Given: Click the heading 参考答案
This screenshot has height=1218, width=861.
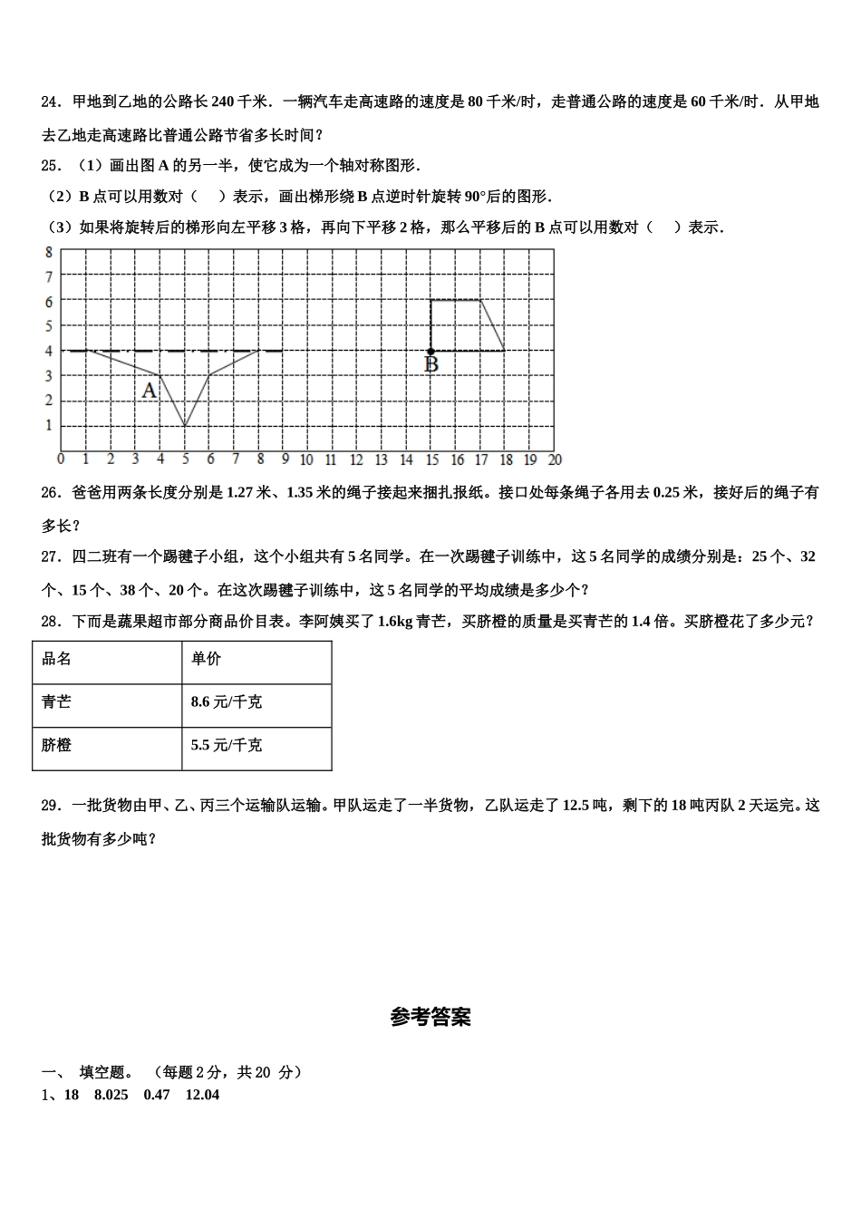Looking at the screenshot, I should (x=430, y=1017).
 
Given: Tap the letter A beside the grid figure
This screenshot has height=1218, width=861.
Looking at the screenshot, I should (x=150, y=391).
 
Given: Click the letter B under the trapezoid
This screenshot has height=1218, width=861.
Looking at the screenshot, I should (x=431, y=364).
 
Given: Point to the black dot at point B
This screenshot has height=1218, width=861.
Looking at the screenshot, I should (x=430, y=351).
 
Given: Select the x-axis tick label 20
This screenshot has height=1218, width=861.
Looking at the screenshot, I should (x=555, y=459).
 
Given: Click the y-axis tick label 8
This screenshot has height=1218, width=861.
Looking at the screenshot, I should (x=49, y=251).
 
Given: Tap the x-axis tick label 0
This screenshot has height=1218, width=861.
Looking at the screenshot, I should (x=61, y=459).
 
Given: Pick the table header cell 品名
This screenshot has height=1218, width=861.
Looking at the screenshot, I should (x=57, y=659).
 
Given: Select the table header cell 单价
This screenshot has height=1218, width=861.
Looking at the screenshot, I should (x=206, y=659).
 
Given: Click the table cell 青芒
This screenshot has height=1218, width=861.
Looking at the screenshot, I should (x=57, y=701).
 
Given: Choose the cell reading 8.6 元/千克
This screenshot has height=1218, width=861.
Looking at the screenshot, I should (x=227, y=701).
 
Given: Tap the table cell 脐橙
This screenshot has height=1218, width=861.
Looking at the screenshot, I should (x=57, y=745).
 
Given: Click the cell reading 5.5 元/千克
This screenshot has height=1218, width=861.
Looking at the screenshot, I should (x=227, y=745).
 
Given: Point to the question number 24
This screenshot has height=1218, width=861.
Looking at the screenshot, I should (x=51, y=101).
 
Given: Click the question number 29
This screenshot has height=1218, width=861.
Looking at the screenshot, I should (x=51, y=805).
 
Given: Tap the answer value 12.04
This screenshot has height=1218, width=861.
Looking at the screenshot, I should (x=202, y=1094).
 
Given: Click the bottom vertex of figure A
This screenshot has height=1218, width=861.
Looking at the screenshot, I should (x=185, y=425).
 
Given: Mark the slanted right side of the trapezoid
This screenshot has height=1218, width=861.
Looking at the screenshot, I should (x=492, y=325).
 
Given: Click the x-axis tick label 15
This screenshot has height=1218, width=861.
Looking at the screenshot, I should (x=431, y=459).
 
